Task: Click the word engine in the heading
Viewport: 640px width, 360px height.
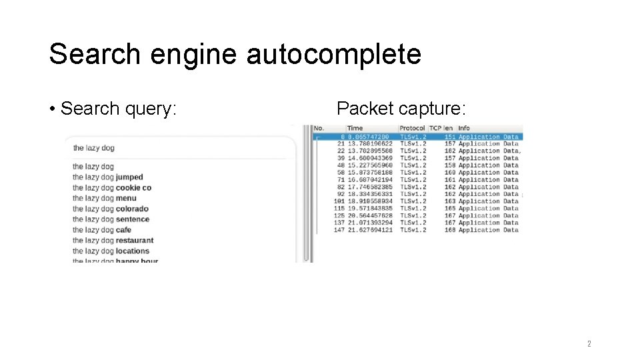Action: click(193, 55)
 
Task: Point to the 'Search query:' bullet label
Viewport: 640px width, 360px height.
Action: click(118, 108)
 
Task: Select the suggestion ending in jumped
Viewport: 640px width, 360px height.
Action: click(129, 177)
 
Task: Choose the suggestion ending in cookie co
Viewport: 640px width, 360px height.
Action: click(133, 188)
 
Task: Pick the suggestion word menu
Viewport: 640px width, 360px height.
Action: click(125, 198)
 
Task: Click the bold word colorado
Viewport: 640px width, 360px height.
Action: click(132, 209)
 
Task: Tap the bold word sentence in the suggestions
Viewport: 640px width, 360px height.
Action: click(132, 219)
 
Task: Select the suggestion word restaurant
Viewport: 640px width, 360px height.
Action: click(134, 241)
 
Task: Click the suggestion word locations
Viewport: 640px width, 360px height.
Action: click(132, 251)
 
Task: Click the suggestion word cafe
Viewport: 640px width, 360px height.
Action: click(123, 230)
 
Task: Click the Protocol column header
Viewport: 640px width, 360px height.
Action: click(412, 128)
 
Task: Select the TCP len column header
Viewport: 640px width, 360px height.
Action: click(442, 128)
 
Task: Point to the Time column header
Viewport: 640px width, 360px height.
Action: click(355, 128)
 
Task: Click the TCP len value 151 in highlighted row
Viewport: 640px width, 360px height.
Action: click(450, 137)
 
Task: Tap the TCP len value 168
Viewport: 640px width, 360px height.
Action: click(450, 230)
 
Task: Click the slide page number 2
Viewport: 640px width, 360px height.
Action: click(589, 344)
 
